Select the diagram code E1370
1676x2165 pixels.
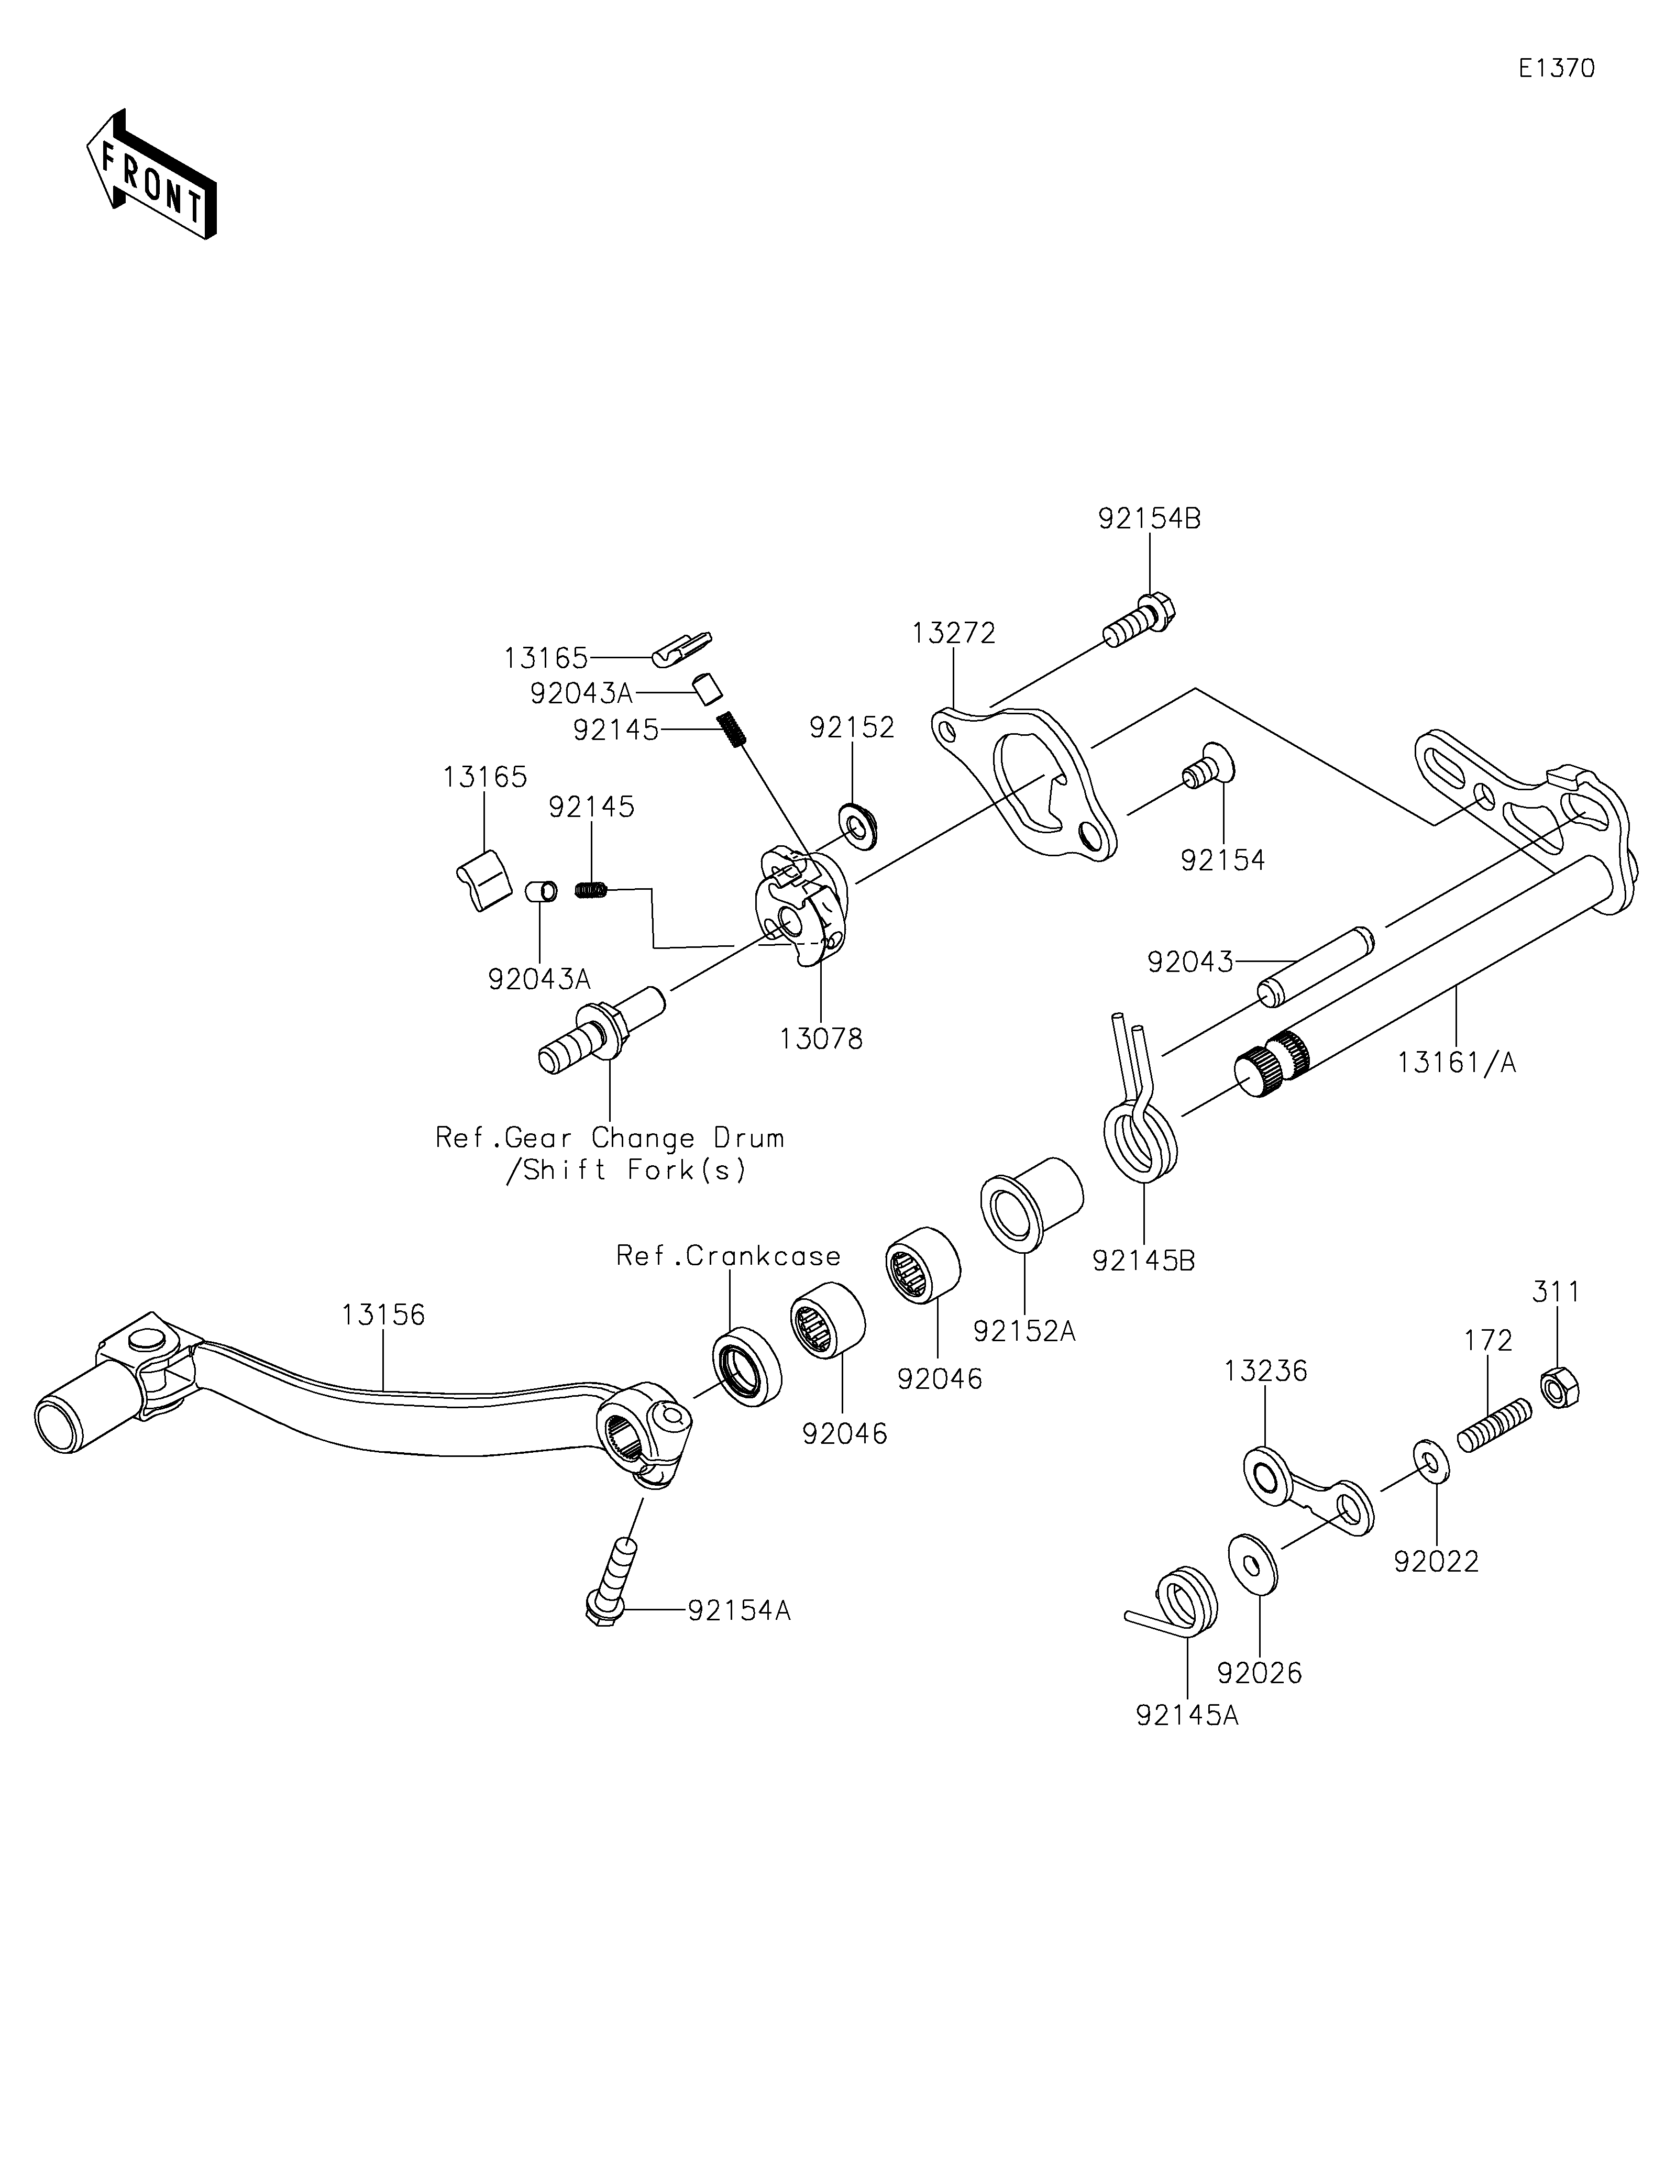tap(1556, 69)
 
